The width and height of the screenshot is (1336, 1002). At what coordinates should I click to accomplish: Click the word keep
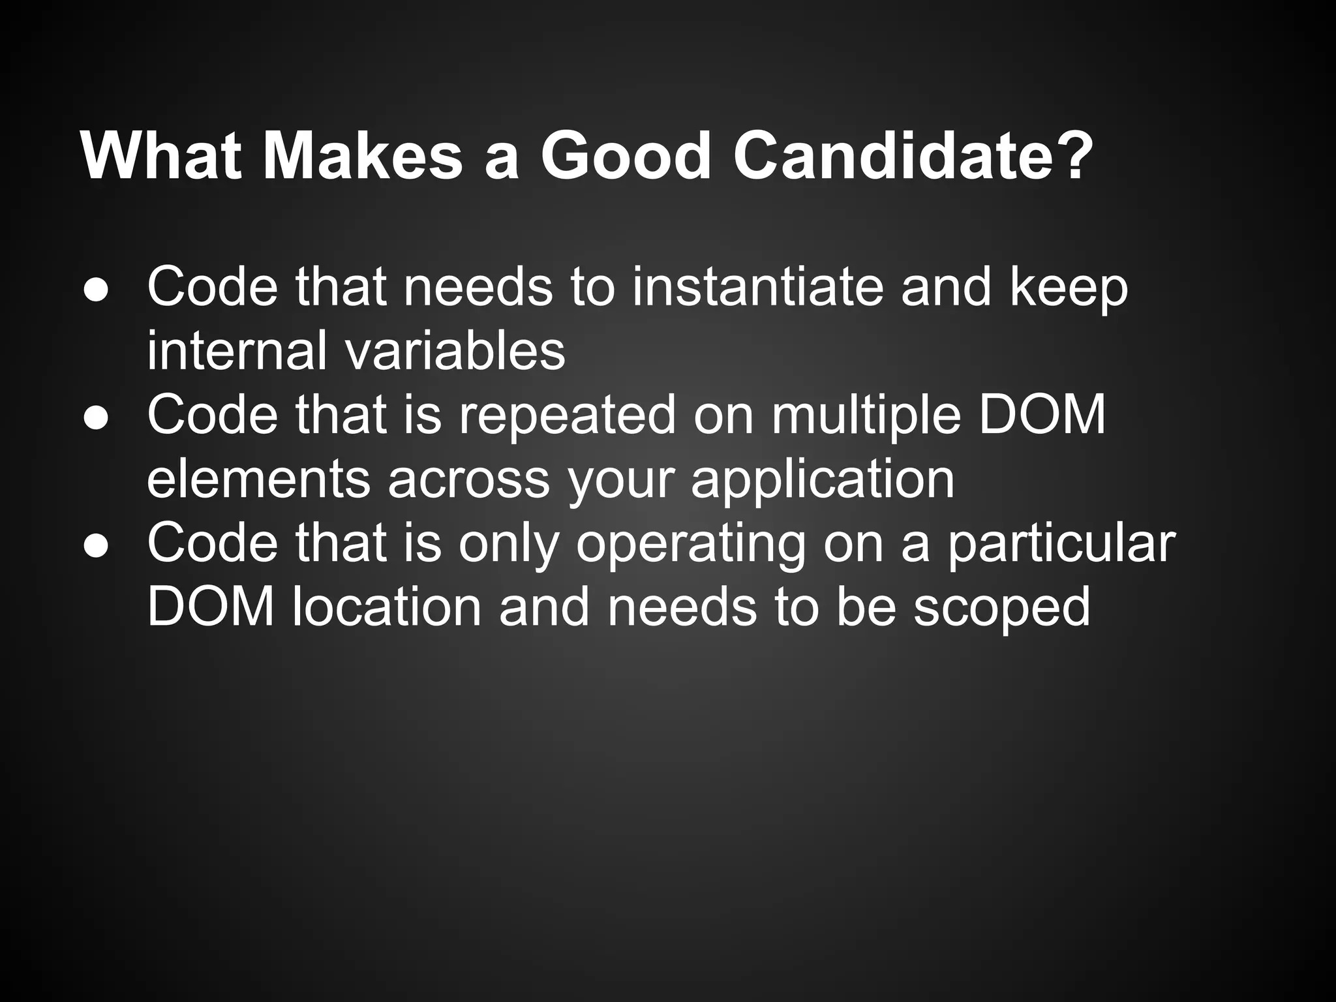click(x=1069, y=288)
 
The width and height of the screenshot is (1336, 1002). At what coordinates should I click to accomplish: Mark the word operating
click(x=691, y=544)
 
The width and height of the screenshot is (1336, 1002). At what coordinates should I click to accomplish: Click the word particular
click(x=1061, y=544)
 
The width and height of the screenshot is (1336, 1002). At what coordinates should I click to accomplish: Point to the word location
click(x=386, y=607)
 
